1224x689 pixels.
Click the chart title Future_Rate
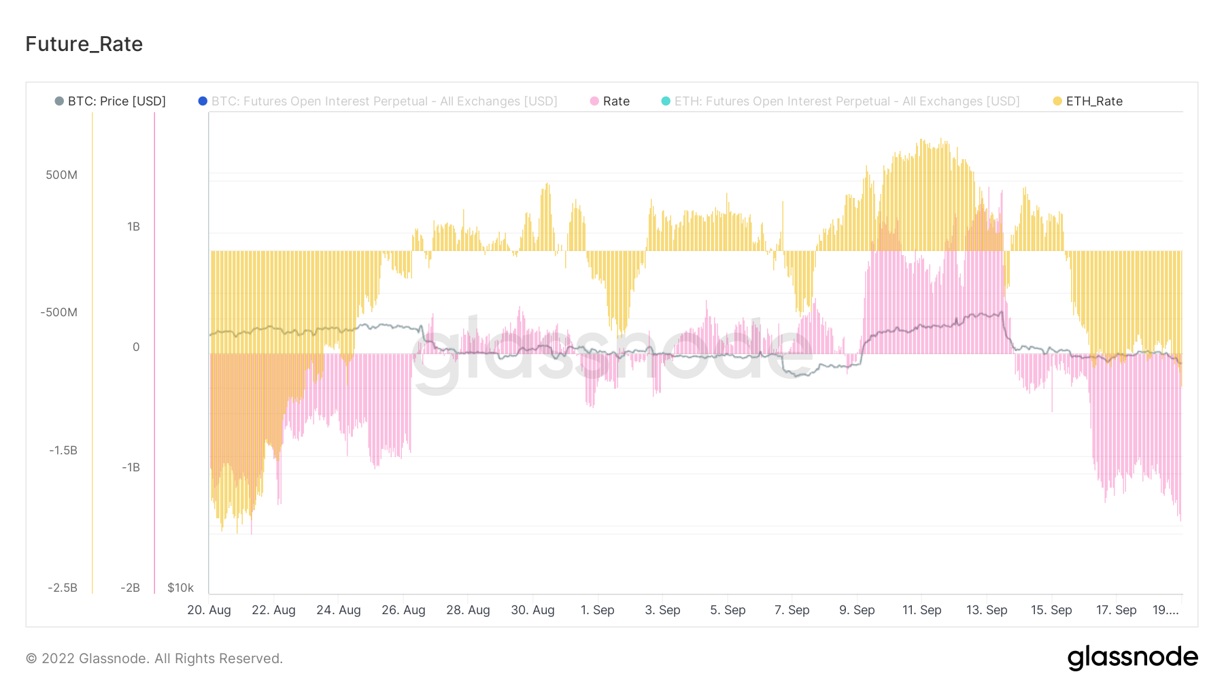coord(84,44)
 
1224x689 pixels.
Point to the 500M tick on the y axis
coord(61,175)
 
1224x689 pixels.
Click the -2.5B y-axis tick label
coord(63,588)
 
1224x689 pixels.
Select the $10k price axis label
coord(180,588)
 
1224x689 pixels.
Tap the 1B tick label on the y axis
coord(133,226)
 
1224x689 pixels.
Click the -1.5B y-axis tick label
coord(63,450)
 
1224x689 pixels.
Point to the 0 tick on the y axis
coord(136,347)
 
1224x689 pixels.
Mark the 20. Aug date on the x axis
coord(209,610)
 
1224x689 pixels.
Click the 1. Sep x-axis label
coord(597,610)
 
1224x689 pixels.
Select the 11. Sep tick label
coord(921,610)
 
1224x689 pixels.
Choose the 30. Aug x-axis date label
coord(532,610)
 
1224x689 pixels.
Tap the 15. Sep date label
coord(1051,610)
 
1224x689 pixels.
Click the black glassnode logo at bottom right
coord(1132,658)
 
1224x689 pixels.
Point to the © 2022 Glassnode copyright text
coord(154,658)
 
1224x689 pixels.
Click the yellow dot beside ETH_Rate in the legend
coord(1057,101)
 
